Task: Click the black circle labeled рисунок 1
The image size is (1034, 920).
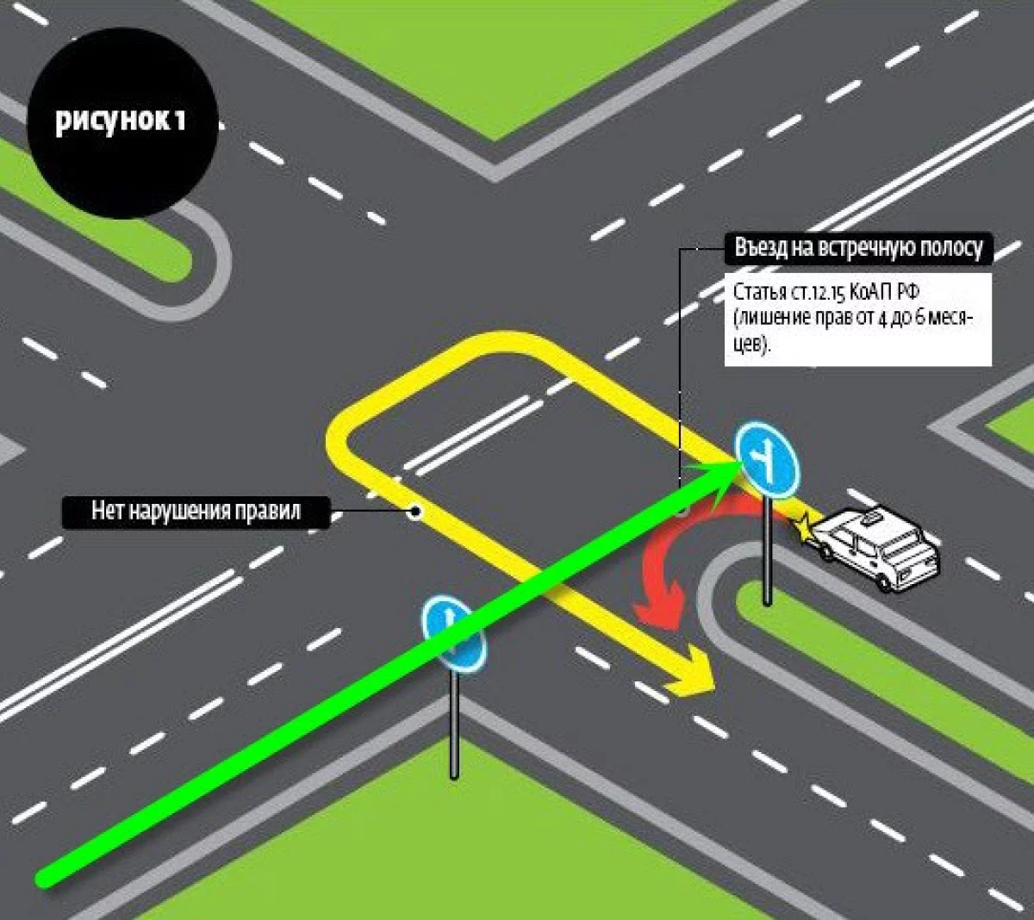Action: [x=121, y=121]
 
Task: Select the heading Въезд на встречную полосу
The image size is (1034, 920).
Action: [x=858, y=249]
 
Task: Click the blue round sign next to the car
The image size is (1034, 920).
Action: [x=766, y=461]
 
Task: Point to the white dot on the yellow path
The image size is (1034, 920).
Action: [x=415, y=512]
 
